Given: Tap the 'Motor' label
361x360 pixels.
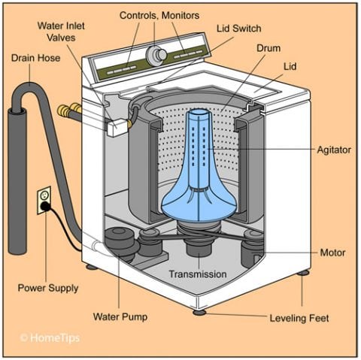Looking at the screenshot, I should coord(332,252).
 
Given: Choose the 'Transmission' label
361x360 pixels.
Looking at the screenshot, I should coord(197,274).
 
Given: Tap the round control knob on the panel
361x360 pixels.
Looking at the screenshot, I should coord(157,54).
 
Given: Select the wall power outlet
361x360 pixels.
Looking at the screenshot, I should coord(44,199).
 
